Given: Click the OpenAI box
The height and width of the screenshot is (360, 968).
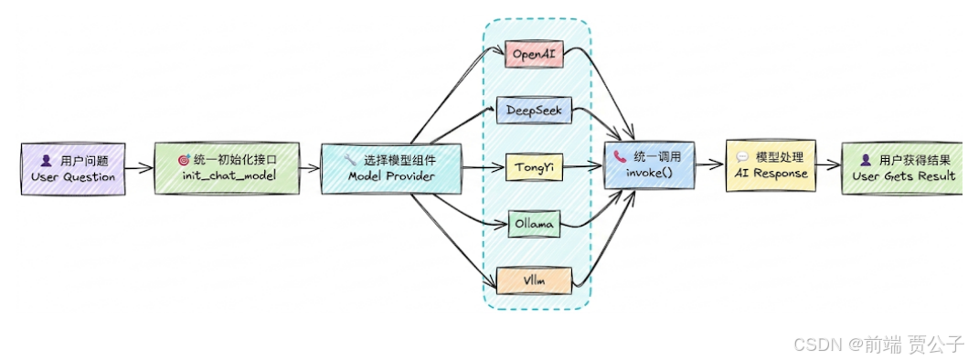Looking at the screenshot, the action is click(x=535, y=54).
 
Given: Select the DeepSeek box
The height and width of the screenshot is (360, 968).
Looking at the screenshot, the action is click(x=534, y=111).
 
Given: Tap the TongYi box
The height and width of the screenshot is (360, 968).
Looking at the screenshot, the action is click(x=534, y=166).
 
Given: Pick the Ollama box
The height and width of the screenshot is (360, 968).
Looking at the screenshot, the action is click(x=534, y=224).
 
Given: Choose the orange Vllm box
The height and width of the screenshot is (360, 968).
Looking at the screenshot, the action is click(x=534, y=281).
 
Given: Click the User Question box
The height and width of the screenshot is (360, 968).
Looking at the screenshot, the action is click(x=73, y=169).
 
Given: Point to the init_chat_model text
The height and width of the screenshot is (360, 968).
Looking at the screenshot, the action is click(x=227, y=176).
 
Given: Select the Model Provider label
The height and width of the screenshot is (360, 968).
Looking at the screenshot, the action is click(x=391, y=175).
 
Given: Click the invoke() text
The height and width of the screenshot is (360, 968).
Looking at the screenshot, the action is click(x=650, y=173).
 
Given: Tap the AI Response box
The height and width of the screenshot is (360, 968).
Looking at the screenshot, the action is click(x=771, y=165).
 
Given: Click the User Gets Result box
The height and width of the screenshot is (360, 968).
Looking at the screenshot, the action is click(x=902, y=169).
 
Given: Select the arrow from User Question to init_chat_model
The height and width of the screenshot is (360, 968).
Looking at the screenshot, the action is click(x=140, y=166).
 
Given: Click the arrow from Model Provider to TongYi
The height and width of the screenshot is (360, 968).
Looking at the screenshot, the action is click(x=484, y=166).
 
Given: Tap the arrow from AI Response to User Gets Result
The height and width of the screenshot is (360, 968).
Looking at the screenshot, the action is click(x=830, y=164).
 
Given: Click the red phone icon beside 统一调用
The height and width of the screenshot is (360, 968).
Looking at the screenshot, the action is click(x=621, y=157).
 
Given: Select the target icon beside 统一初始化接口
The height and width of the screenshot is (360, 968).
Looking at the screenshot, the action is click(x=184, y=160).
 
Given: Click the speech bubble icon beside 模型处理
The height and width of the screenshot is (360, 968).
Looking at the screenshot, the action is click(x=742, y=157).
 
